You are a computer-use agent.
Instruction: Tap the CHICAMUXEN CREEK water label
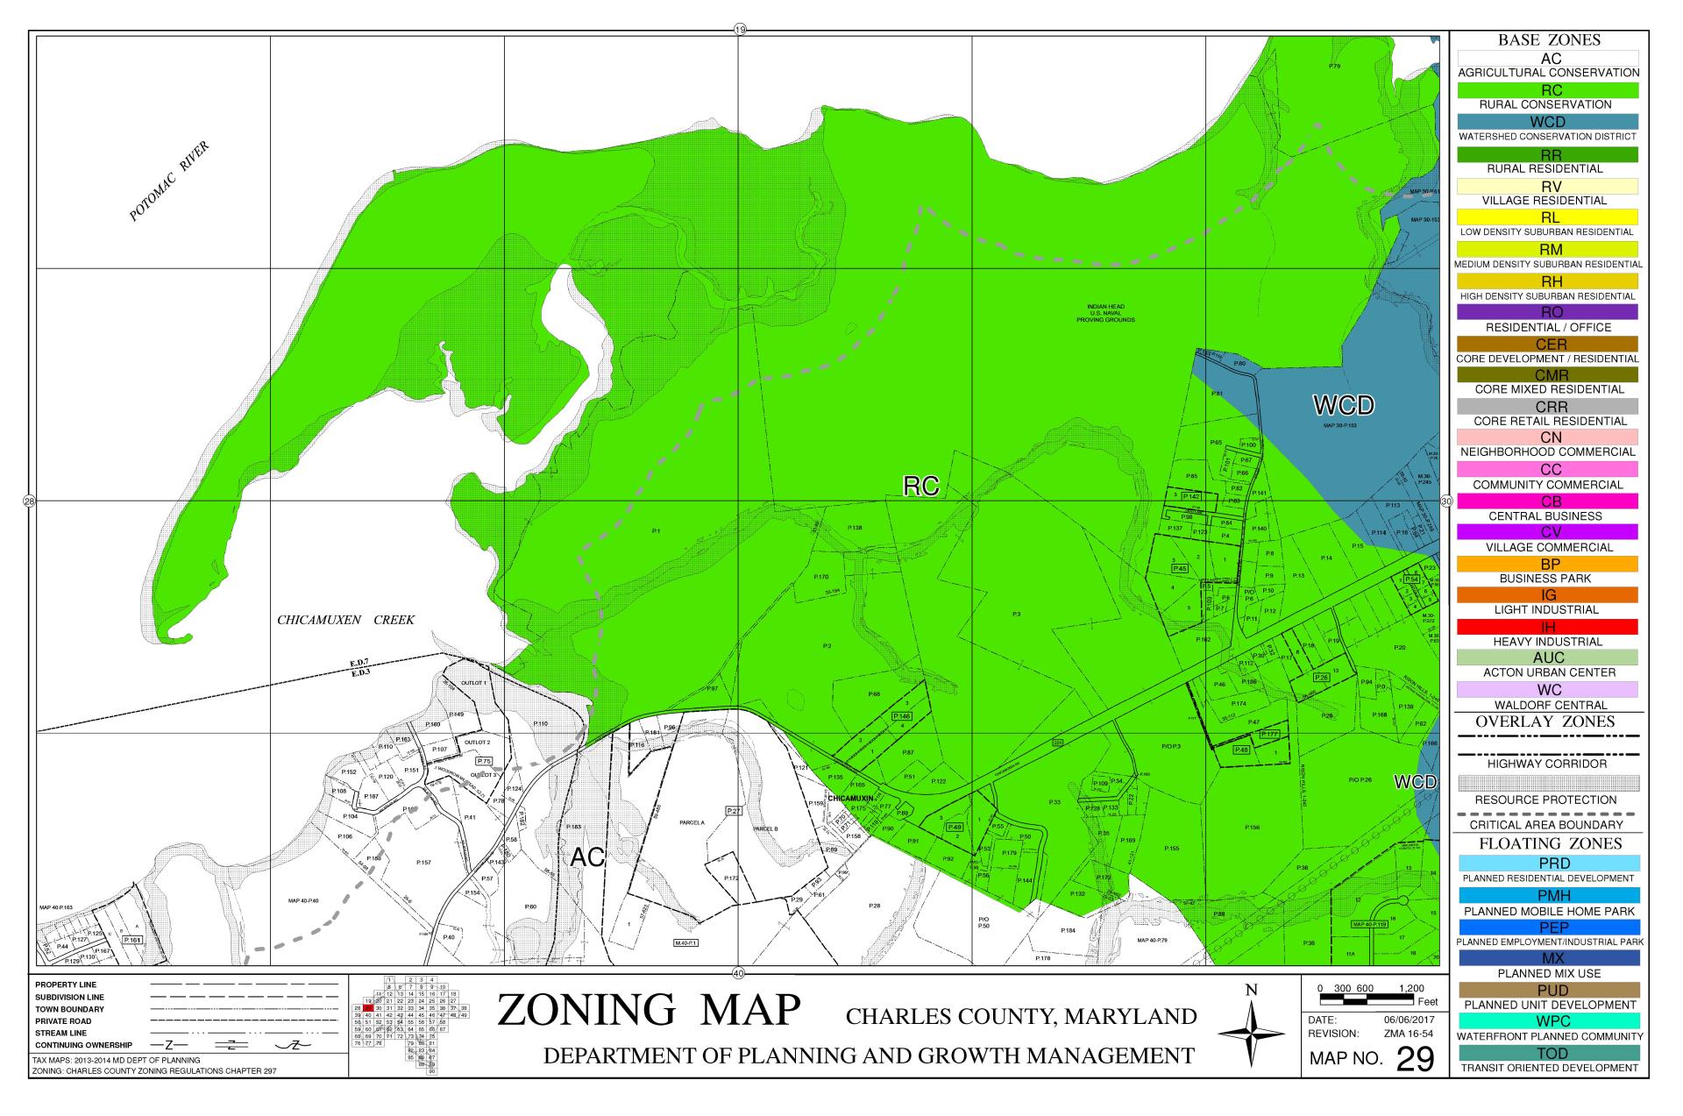pos(345,621)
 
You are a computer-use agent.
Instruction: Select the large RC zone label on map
pos(920,487)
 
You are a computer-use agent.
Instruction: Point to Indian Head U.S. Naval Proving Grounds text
pos(1105,314)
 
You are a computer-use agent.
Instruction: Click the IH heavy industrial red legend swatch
pos(1548,627)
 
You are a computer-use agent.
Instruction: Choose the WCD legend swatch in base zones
pos(1548,122)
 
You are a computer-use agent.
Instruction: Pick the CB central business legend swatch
pos(1548,501)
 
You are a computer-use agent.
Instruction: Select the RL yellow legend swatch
pos(1548,217)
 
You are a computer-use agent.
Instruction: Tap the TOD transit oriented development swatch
pos(1548,1053)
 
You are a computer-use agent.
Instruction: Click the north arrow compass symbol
pos(1252,1035)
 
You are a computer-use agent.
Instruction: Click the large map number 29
pos(1415,1060)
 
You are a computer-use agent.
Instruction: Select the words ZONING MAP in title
pos(649,1010)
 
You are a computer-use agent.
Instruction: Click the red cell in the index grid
pos(369,1008)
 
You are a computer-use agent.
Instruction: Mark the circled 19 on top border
pos(739,30)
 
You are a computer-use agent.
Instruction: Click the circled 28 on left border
pos(29,502)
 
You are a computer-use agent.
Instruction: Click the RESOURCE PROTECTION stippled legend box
pos(1548,783)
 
